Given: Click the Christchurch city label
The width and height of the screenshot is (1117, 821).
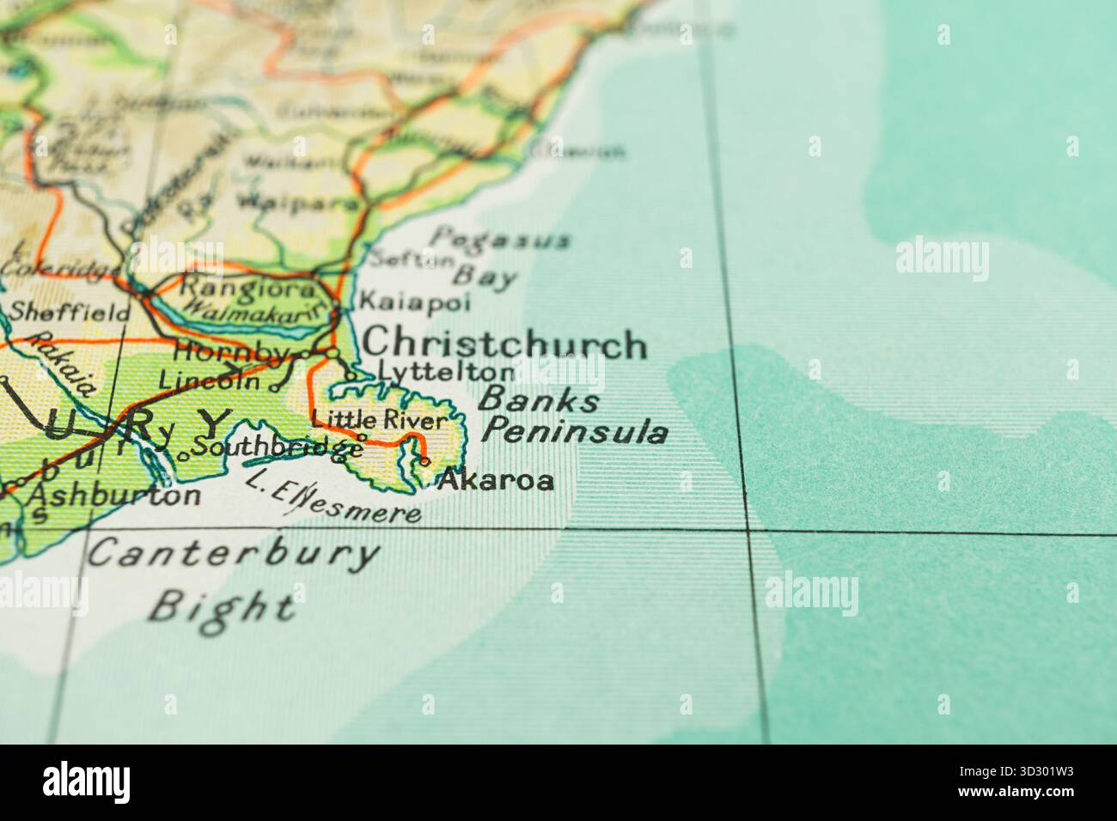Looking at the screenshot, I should [504, 344].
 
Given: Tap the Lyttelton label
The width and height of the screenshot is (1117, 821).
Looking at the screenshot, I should [446, 372].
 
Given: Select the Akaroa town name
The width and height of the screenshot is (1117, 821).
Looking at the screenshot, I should [496, 480].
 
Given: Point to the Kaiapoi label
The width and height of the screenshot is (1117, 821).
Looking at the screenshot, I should [414, 301].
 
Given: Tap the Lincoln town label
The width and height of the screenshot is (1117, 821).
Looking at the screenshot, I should [209, 379].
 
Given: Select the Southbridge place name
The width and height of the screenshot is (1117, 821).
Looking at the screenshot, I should [276, 447].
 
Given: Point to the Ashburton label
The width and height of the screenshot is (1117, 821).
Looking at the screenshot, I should [114, 496].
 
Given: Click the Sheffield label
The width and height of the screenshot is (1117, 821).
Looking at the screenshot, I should [70, 312].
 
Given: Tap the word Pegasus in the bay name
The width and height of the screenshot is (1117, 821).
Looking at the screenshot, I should [500, 238].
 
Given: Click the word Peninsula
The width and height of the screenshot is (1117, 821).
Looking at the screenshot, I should [574, 431].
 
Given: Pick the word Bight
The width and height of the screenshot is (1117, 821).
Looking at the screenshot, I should [222, 605].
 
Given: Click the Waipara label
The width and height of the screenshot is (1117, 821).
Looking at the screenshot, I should [298, 204].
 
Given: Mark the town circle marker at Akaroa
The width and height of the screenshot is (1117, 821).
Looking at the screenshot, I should [425, 463].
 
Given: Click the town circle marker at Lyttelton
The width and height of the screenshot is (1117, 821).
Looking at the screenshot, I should [351, 375].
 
